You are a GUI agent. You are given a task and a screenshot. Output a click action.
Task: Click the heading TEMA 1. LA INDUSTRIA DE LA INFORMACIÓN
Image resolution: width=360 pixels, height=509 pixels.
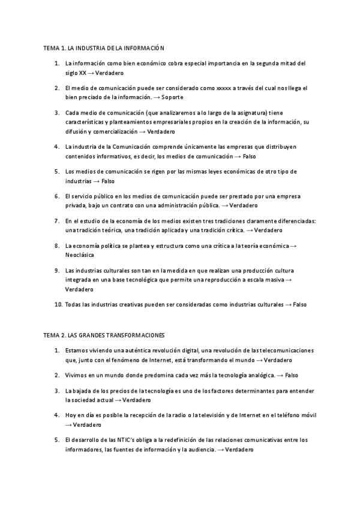pos(103,47)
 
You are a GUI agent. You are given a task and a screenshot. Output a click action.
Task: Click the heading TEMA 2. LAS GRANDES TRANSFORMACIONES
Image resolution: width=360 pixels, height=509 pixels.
pos(104,334)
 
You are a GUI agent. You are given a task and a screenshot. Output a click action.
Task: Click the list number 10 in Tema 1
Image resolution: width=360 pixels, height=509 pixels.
pos(58,304)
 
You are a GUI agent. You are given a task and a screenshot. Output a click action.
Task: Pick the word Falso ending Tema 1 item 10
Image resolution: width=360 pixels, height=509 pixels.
pos(300,304)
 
